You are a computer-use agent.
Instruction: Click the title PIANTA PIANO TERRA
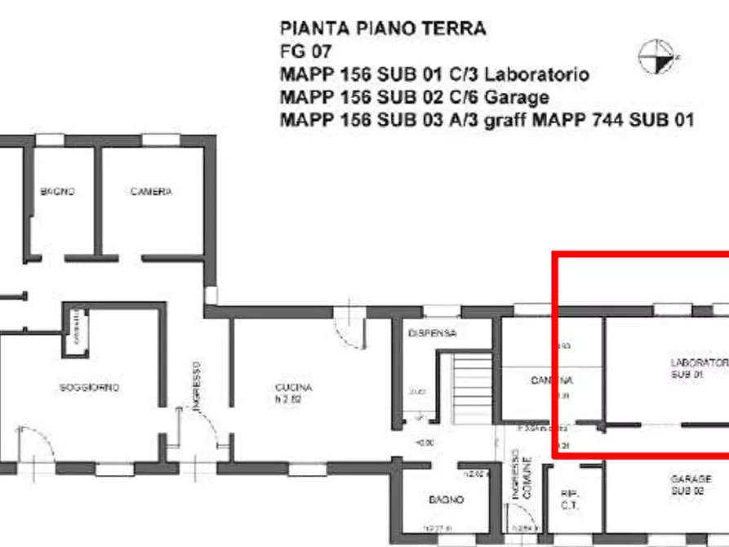click(x=382, y=29)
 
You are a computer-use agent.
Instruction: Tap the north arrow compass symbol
click(x=658, y=54)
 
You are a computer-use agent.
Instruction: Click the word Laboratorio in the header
click(x=536, y=74)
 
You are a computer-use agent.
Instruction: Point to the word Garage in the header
click(x=517, y=97)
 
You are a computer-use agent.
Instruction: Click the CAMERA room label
click(x=151, y=192)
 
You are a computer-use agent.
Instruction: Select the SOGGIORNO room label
click(x=89, y=388)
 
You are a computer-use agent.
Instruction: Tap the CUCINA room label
click(x=294, y=388)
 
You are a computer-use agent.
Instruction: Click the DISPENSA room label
click(x=432, y=333)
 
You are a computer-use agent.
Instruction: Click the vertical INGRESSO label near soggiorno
click(x=196, y=385)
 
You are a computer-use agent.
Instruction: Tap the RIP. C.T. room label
click(x=569, y=499)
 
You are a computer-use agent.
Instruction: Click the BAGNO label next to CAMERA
click(x=58, y=192)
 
